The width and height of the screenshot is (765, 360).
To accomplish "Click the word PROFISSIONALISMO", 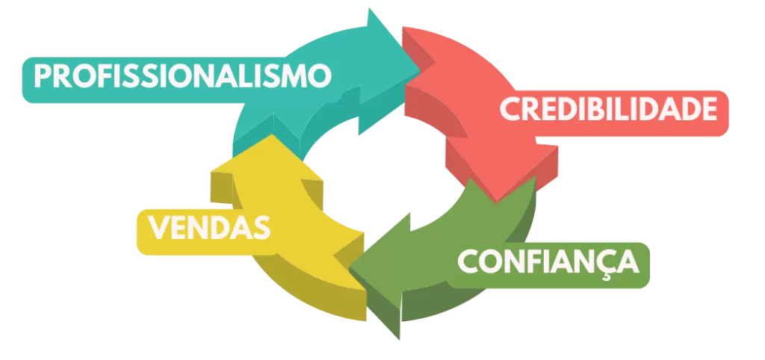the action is (x=182, y=77).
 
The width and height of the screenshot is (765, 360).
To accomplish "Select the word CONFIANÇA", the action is (x=548, y=262).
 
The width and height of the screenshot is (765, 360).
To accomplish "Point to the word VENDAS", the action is (x=209, y=227).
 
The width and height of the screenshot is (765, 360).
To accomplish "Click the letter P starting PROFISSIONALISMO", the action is (x=43, y=77).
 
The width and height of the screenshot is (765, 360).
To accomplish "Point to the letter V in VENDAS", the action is (x=158, y=228).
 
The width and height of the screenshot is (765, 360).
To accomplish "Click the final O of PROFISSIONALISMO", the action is (x=320, y=77).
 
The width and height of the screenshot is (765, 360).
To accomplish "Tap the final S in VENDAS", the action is (x=262, y=228).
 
